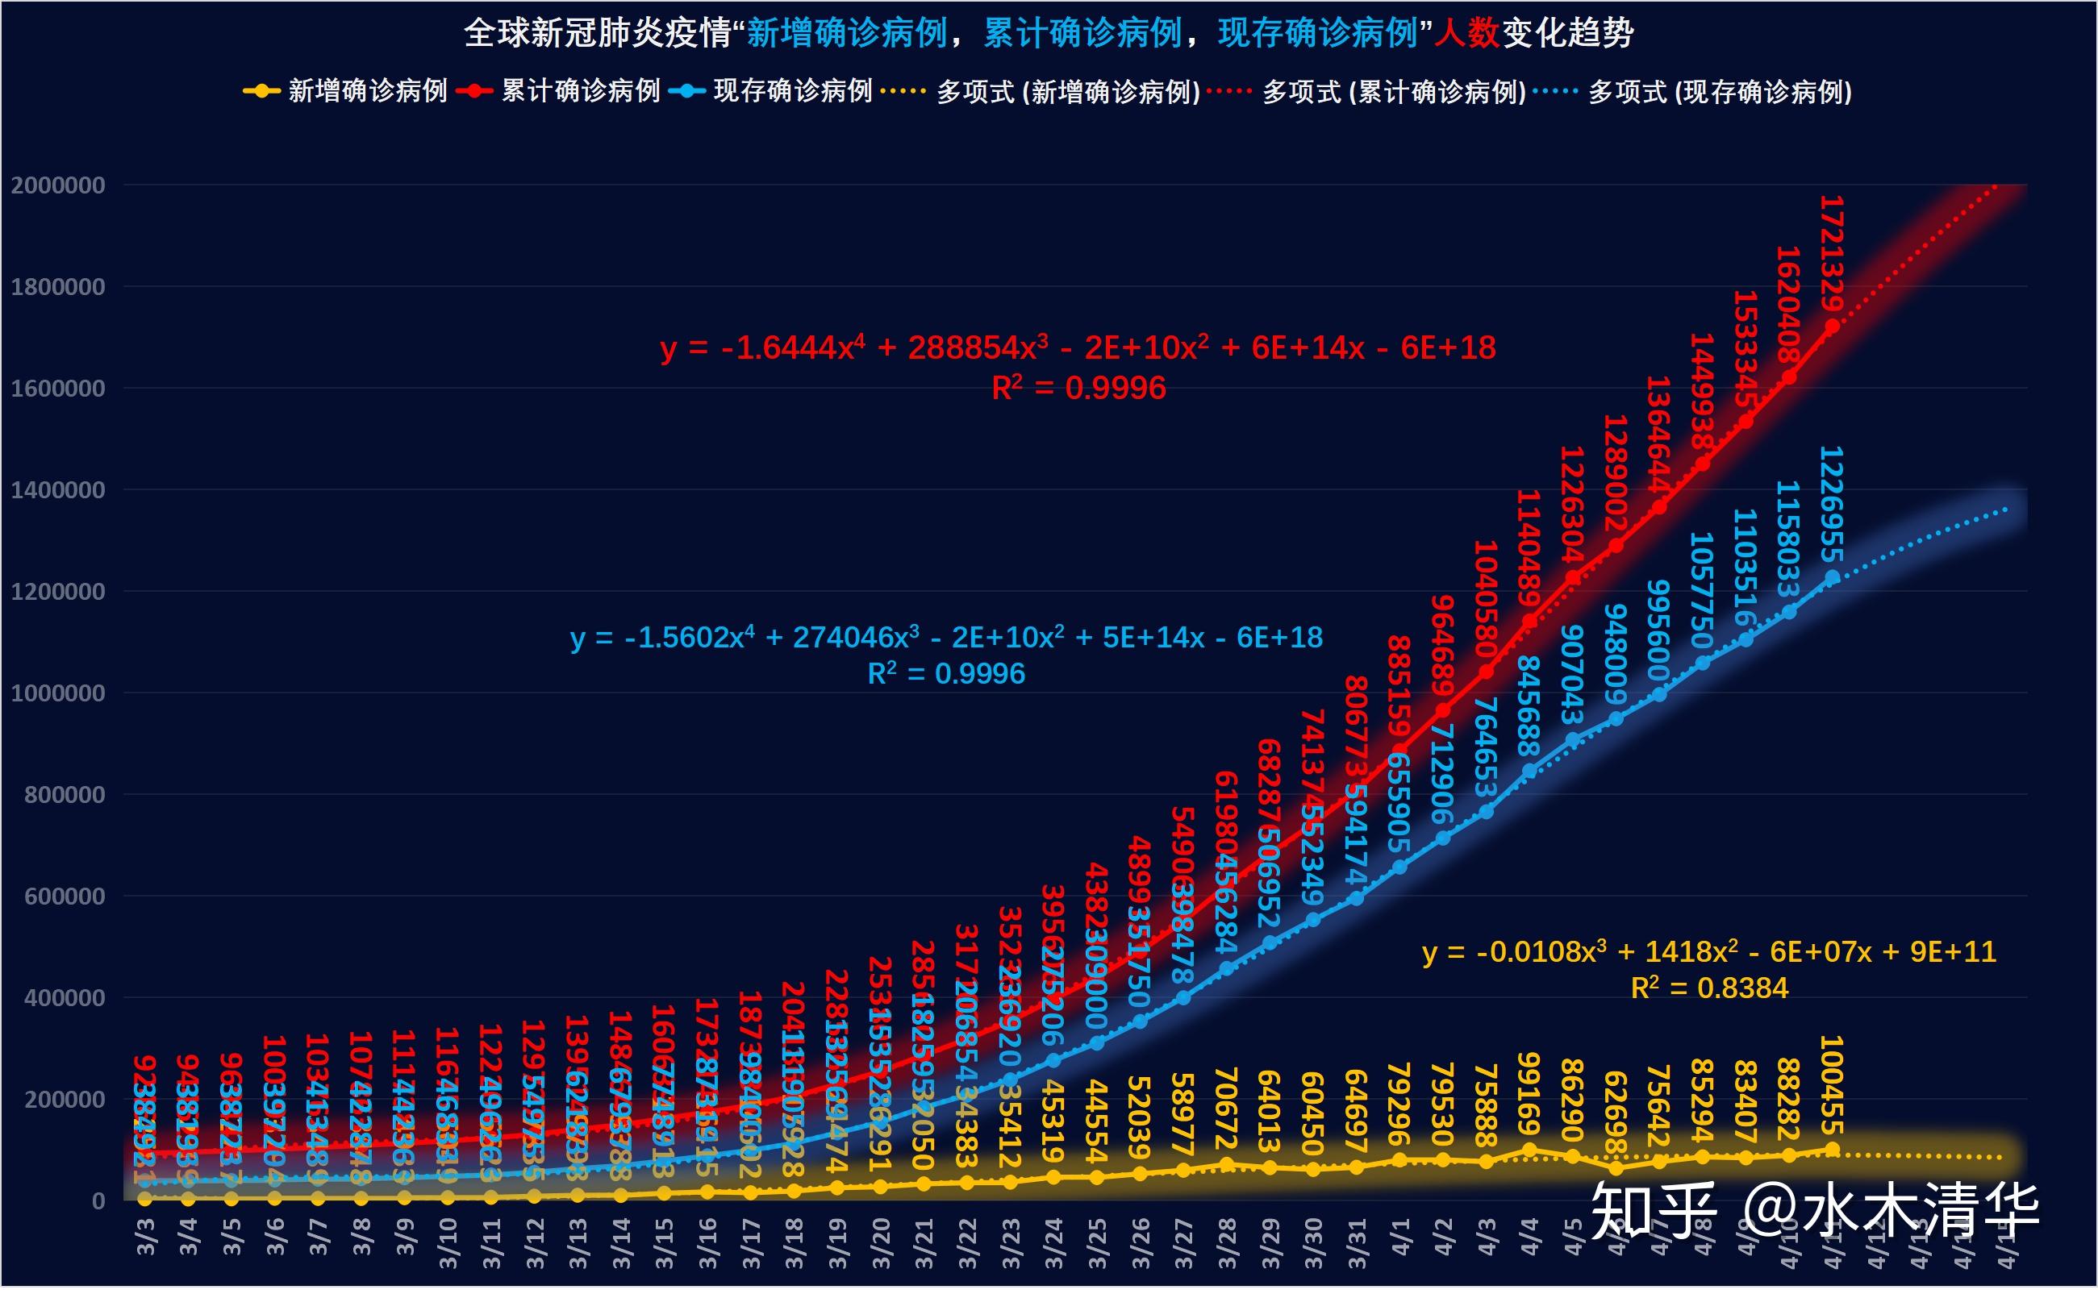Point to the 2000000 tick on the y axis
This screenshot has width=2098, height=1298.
tap(57, 185)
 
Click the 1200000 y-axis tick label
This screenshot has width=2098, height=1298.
tap(57, 592)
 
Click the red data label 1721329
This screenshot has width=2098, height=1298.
tap(1831, 254)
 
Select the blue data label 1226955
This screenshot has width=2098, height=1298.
tap(1831, 504)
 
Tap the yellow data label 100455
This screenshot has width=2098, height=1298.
tap(1831, 1085)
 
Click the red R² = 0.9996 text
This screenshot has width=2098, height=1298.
tap(1078, 389)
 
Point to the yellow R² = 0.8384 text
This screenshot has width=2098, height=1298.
tap(1709, 989)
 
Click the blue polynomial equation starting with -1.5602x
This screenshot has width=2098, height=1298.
tap(945, 638)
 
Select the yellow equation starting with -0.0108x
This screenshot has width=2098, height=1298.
tap(1709, 952)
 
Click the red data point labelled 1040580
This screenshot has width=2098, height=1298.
tap(1486, 672)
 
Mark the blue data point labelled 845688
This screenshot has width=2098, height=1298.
tap(1529, 772)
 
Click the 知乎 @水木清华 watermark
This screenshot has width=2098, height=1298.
tap(1814, 1211)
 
